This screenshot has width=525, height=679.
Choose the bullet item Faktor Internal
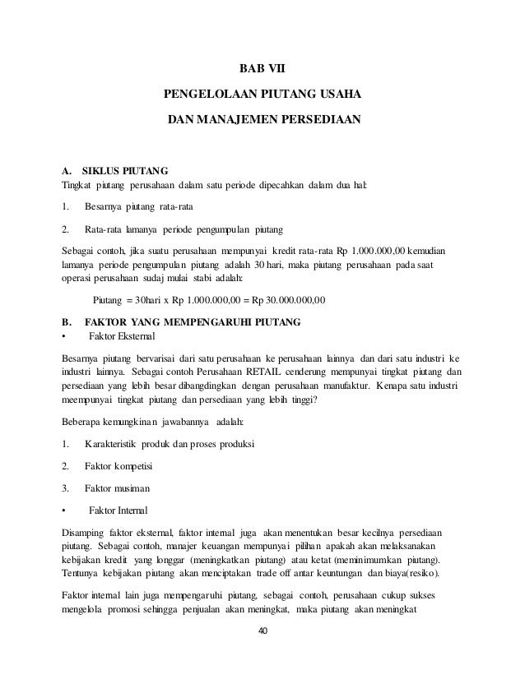click(x=117, y=510)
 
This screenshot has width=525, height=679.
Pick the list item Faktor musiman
click(x=117, y=488)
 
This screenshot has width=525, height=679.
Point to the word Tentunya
click(x=83, y=573)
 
